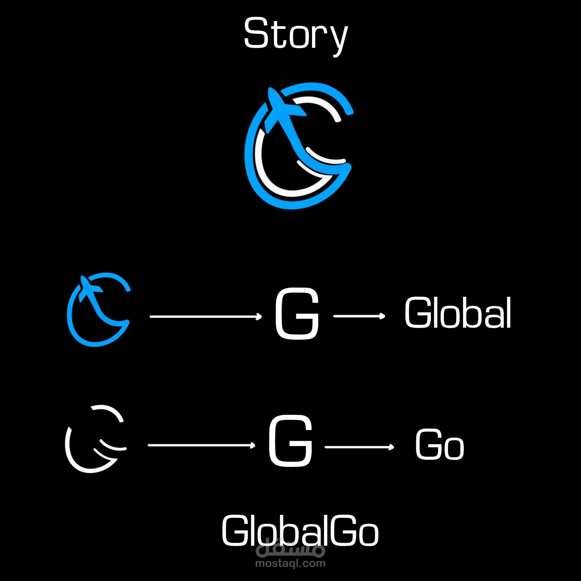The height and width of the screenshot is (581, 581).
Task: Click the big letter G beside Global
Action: [297, 314]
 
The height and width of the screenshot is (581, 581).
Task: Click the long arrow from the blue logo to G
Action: [206, 316]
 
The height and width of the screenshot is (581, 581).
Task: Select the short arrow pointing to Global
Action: [359, 316]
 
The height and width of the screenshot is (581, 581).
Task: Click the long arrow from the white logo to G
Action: [201, 445]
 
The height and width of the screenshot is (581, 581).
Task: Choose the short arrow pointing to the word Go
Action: [359, 447]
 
